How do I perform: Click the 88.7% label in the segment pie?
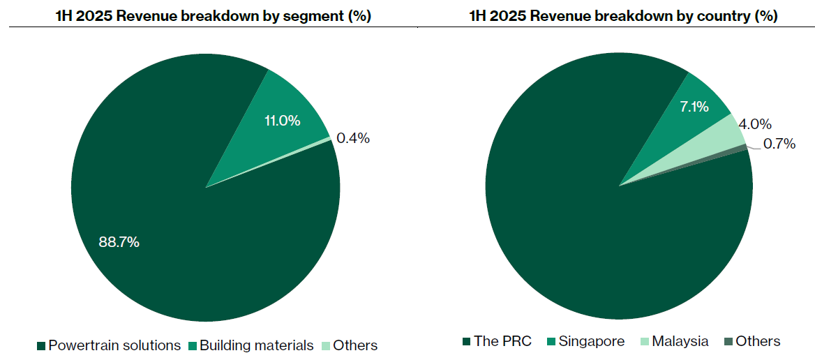click(x=119, y=243)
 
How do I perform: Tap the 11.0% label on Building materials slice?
click(x=282, y=121)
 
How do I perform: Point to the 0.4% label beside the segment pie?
click(x=353, y=138)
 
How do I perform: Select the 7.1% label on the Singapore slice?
click(x=694, y=107)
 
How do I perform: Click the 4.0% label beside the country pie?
click(x=755, y=124)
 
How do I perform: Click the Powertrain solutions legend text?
click(x=114, y=345)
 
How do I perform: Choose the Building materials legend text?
click(x=256, y=345)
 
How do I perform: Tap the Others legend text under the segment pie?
click(x=355, y=345)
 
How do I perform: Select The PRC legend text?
click(x=502, y=341)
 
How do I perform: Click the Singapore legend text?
click(x=592, y=341)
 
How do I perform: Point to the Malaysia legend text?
click(x=680, y=341)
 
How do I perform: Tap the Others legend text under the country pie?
click(x=758, y=341)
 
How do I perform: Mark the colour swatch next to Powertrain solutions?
click(x=41, y=346)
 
